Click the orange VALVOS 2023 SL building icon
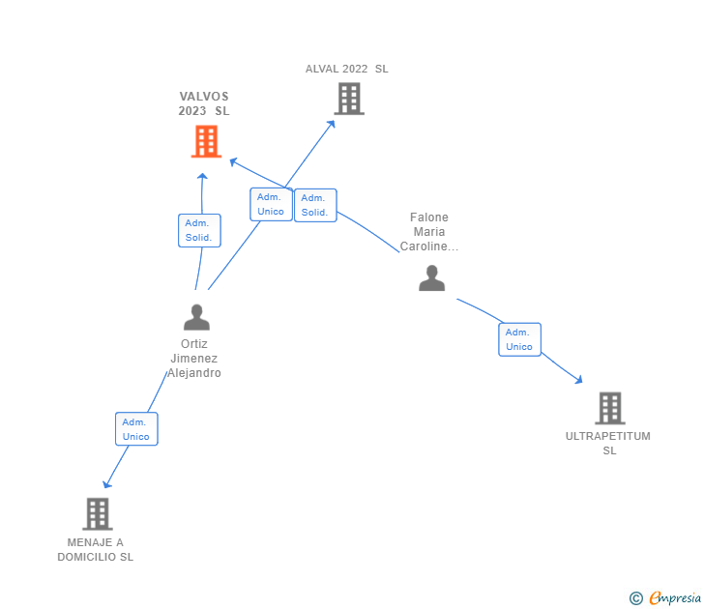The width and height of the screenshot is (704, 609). tap(205, 142)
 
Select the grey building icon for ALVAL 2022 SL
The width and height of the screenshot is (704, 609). tap(349, 99)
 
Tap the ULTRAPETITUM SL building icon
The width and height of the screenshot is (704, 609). tap(609, 408)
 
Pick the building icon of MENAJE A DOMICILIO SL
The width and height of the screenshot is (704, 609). tap(97, 513)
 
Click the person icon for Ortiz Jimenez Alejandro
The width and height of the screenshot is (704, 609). tap(196, 317)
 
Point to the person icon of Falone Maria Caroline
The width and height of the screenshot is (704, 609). tap(431, 278)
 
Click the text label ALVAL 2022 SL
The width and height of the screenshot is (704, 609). tap(346, 69)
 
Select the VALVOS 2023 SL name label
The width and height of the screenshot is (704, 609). tap(204, 103)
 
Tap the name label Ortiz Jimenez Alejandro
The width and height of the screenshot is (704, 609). tap(194, 359)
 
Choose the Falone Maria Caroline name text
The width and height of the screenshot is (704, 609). tap(429, 232)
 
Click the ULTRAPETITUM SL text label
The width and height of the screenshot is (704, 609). tap(608, 443)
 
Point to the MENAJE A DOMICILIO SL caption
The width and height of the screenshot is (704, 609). tap(95, 549)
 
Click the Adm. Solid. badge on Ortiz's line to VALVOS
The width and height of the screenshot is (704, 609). tap(199, 230)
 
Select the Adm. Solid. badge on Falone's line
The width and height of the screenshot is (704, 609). tap(314, 205)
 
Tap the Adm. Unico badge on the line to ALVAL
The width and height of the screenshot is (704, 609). tap(271, 204)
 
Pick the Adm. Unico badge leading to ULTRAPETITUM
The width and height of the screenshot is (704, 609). tap(519, 339)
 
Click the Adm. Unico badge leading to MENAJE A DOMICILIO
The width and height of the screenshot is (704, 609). tap(136, 429)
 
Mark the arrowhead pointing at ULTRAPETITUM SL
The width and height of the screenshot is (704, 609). tap(579, 380)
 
